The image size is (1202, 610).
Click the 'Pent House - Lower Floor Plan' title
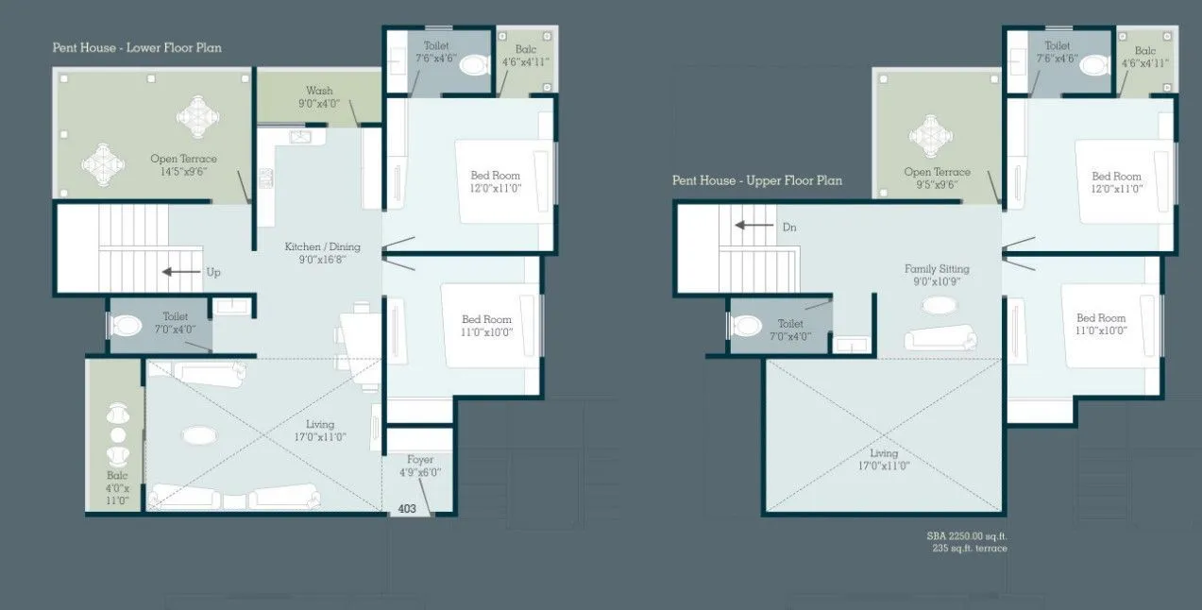137,47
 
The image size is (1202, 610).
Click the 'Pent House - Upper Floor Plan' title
757,180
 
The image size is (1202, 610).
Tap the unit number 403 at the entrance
407,508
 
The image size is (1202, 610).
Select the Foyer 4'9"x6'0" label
420,466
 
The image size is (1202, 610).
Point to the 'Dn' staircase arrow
755,227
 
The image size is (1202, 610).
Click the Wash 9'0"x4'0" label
319,97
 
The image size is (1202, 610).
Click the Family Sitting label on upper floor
937,275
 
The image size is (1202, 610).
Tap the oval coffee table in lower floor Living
199,435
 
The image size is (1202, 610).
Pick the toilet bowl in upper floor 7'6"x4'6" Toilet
1094,65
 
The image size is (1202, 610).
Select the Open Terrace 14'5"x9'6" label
183,164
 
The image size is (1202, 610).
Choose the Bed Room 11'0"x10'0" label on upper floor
1101,325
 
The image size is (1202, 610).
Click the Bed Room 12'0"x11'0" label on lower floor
496,181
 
